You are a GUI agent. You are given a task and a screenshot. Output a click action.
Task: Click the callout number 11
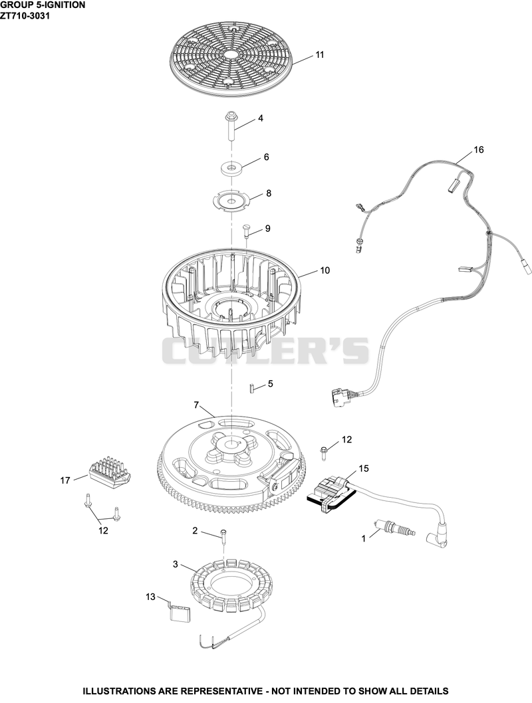pos(319,54)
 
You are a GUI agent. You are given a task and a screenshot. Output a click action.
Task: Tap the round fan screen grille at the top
pos(231,59)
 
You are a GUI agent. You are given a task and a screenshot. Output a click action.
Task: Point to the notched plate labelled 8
pos(231,200)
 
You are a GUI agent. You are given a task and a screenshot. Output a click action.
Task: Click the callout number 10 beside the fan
pos(325,270)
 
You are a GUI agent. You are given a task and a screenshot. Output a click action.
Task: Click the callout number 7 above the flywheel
pos(196,405)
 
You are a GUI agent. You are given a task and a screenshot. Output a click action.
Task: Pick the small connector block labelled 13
pos(180,611)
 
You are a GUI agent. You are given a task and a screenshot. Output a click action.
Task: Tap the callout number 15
pos(364,468)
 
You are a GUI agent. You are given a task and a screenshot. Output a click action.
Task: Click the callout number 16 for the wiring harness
pos(479,150)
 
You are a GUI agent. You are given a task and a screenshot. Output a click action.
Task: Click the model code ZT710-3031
pos(25,15)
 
